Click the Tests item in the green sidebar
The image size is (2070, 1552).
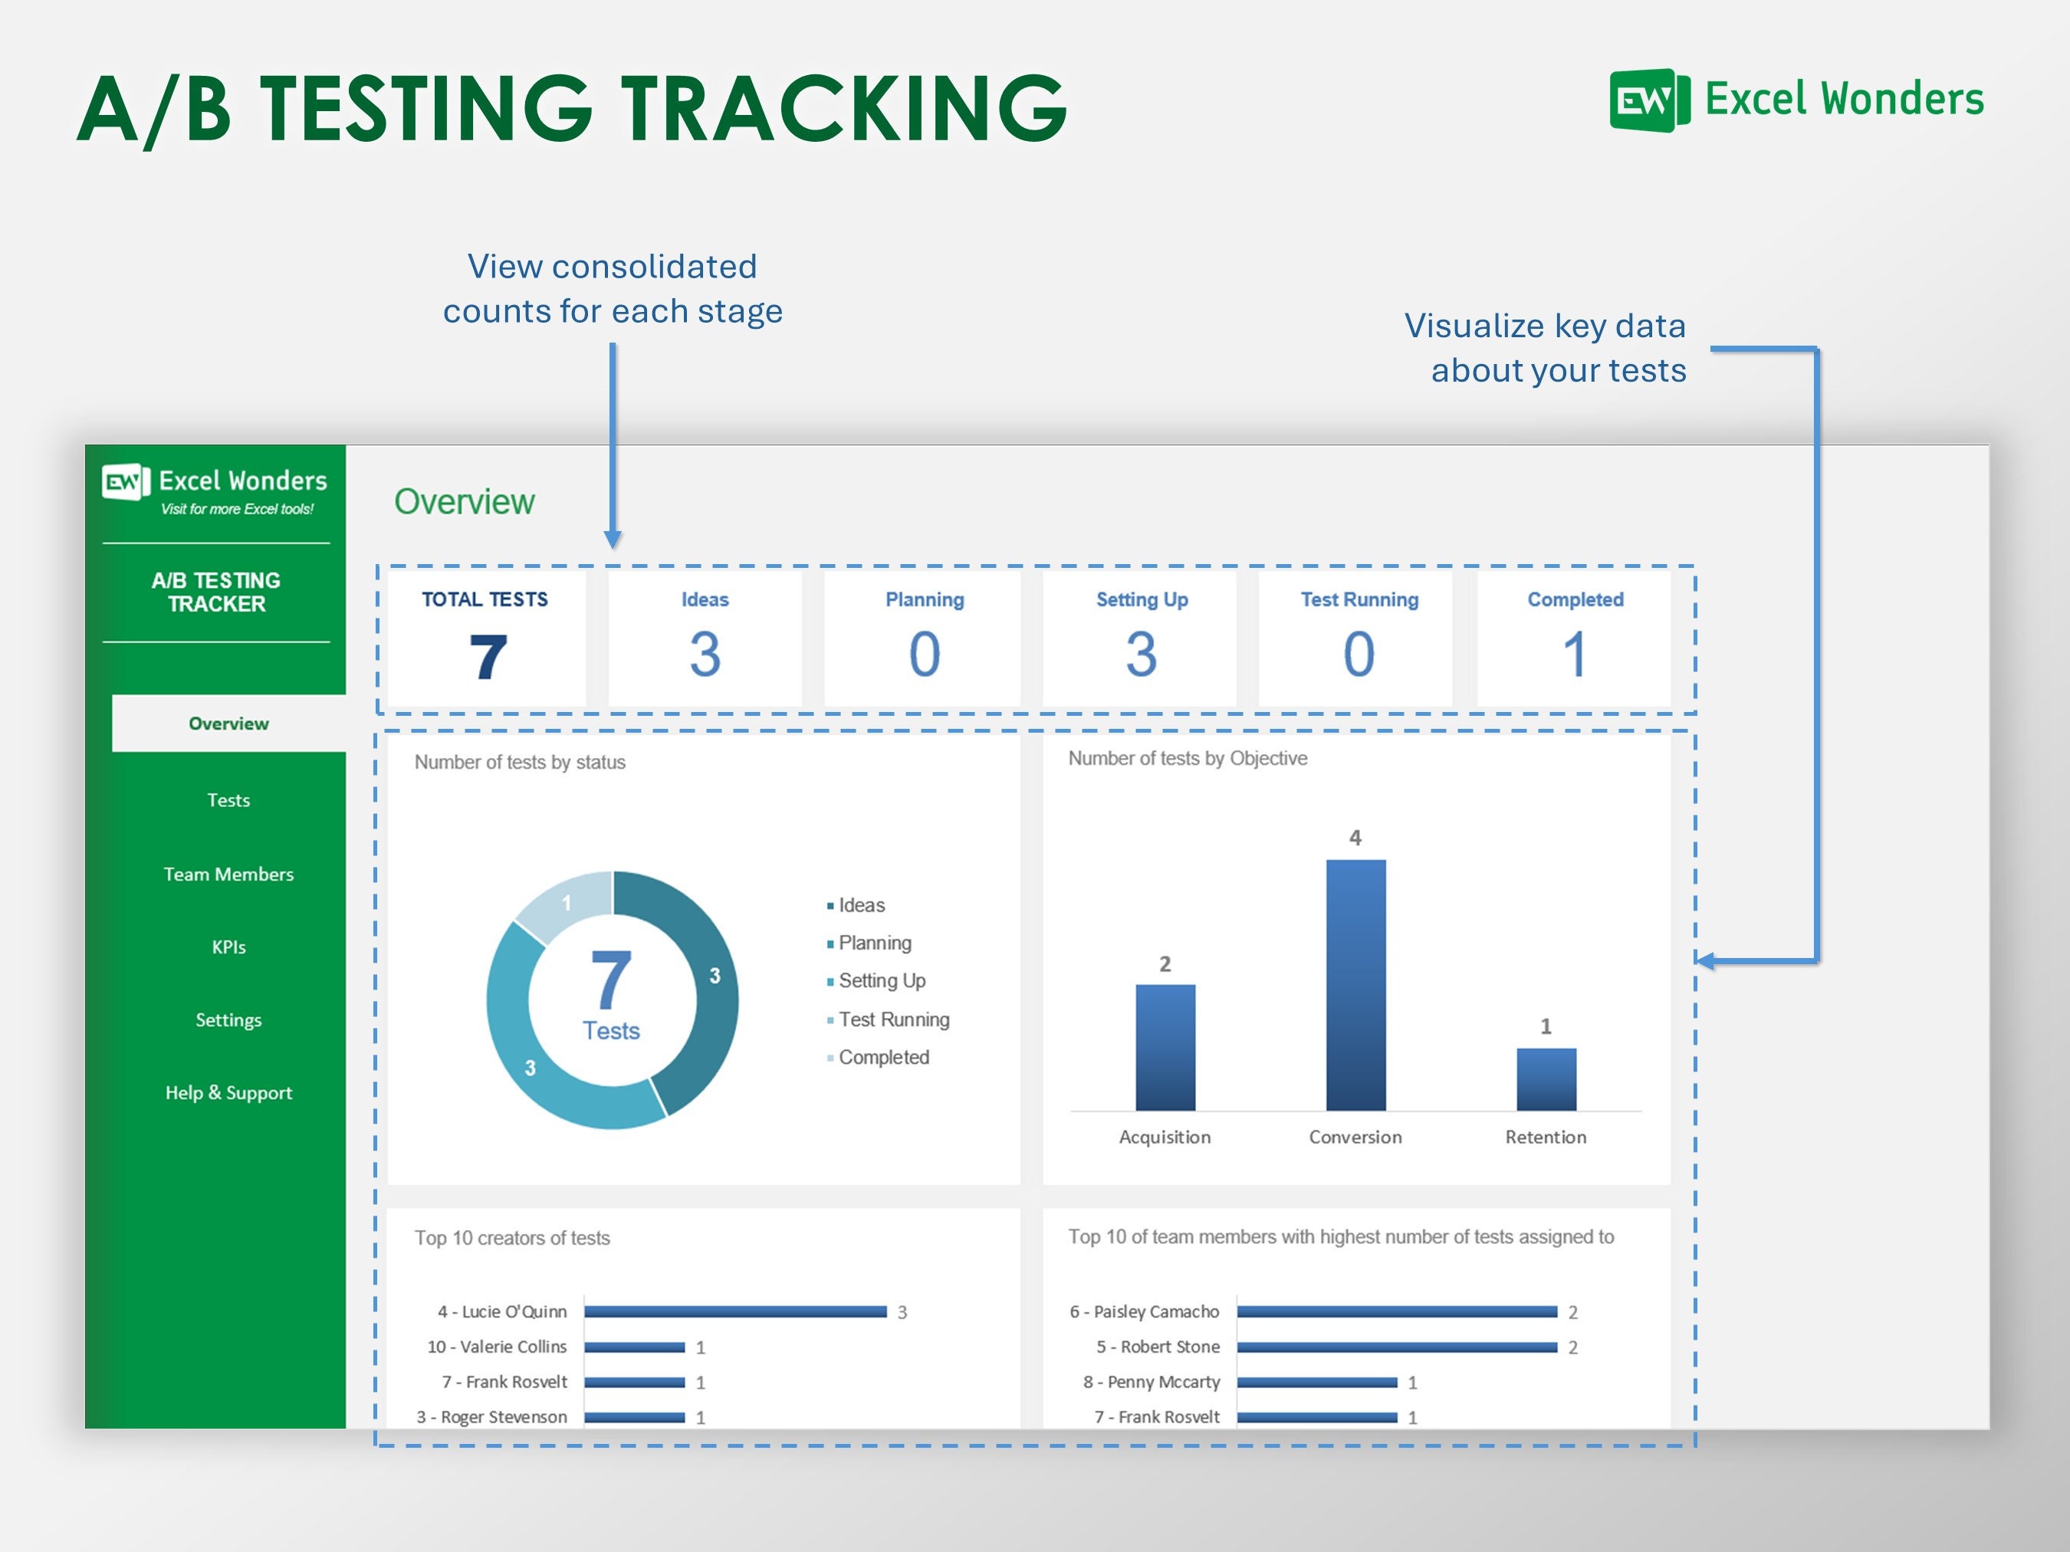tap(228, 800)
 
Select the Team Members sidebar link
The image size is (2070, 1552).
tap(228, 874)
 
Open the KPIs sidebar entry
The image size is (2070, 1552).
tap(228, 947)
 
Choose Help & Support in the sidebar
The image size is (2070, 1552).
tap(228, 1093)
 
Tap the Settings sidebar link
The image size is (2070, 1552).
tap(228, 1019)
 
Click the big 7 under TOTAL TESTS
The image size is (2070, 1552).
tap(488, 657)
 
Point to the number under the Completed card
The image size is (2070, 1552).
tap(1575, 654)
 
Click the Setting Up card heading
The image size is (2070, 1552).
tap(1142, 599)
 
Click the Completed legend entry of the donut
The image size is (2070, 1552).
tap(882, 1057)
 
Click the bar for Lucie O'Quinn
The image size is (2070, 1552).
tap(734, 1311)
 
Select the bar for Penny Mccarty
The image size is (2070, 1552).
tap(1316, 1382)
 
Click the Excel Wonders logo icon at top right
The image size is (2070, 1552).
tap(1649, 100)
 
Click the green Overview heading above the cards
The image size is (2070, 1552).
tap(464, 502)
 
